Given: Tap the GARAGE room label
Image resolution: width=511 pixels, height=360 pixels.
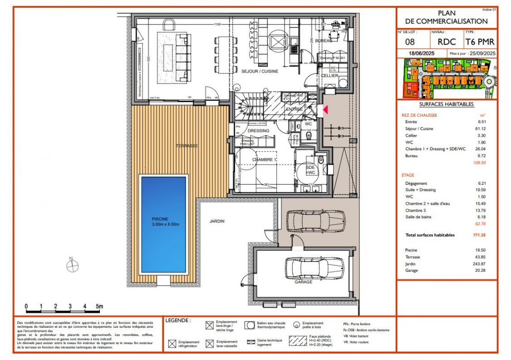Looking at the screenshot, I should pyautogui.click(x=303, y=282).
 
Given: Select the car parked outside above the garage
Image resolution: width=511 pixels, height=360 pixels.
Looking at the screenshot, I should pyautogui.click(x=316, y=220).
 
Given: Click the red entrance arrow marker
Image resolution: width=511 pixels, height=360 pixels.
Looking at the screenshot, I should pyautogui.click(x=325, y=110).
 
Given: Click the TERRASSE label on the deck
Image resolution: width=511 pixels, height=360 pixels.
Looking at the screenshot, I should pyautogui.click(x=187, y=146).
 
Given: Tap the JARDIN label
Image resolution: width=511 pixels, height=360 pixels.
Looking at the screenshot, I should pyautogui.click(x=217, y=221).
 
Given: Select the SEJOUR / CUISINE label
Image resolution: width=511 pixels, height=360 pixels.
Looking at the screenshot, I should pyautogui.click(x=260, y=71).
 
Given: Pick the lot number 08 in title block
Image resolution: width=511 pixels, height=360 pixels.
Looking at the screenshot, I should pyautogui.click(x=409, y=42).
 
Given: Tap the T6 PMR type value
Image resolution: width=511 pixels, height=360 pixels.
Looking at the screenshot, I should pyautogui.click(x=480, y=42).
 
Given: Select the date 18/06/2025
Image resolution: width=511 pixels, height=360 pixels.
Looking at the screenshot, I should pyautogui.click(x=422, y=54).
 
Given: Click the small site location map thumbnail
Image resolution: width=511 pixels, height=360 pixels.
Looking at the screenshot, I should pyautogui.click(x=447, y=79).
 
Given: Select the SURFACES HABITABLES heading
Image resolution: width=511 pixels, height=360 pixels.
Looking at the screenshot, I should pyautogui.click(x=447, y=104).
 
